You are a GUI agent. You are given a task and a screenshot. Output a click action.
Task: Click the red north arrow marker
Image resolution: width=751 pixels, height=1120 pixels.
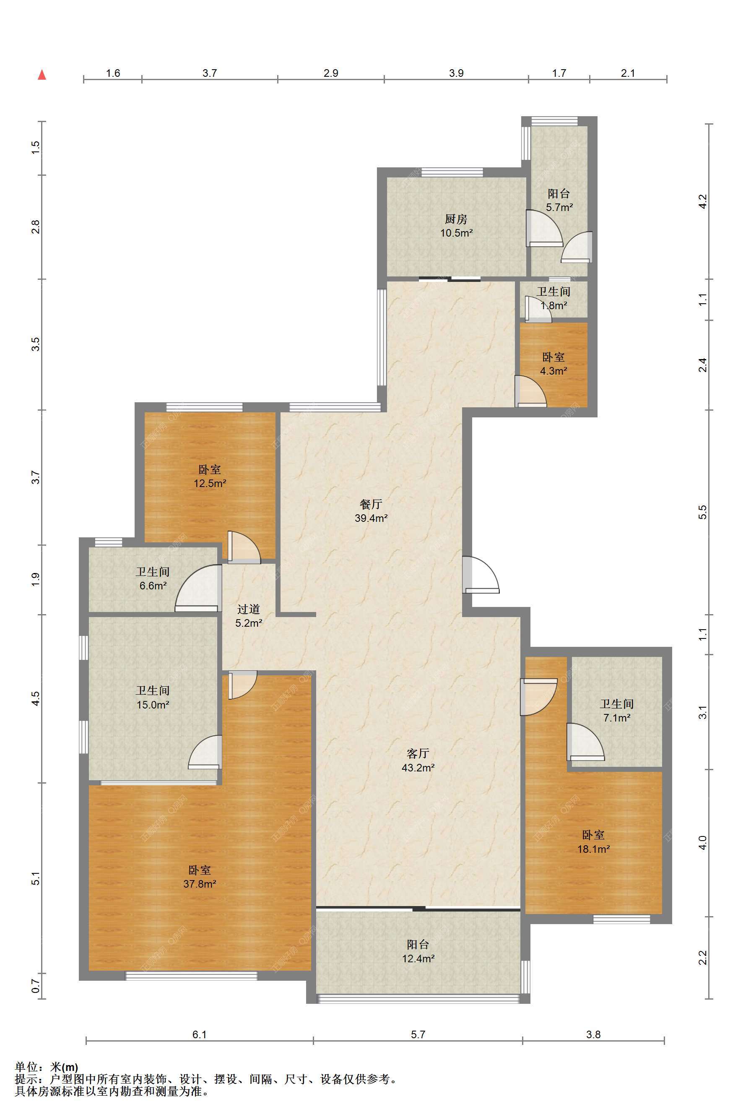(42, 74)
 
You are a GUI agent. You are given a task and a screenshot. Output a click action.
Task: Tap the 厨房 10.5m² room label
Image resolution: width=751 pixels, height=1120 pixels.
(457, 226)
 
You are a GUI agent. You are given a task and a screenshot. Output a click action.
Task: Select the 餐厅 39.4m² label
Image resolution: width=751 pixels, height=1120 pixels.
(371, 511)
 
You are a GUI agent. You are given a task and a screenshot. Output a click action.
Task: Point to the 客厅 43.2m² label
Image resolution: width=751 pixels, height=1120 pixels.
(418, 760)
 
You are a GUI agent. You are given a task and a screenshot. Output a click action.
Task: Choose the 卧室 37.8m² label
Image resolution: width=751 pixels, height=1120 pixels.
(200, 877)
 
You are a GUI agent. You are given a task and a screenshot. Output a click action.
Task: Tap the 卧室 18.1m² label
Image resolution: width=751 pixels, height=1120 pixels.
(593, 841)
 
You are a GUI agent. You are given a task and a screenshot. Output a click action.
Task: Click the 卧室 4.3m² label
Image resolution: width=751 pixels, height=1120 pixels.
(554, 364)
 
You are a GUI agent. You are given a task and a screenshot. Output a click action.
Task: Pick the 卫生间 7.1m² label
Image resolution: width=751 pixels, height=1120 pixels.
(616, 711)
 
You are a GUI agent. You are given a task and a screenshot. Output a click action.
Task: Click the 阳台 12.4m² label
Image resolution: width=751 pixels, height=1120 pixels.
(418, 951)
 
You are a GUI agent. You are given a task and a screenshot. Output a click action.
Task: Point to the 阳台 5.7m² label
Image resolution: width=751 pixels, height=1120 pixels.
(559, 200)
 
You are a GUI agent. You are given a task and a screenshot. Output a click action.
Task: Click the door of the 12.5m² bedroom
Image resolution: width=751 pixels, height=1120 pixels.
(244, 547)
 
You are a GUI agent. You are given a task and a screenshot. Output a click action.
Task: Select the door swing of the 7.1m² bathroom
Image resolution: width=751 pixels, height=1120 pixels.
(585, 742)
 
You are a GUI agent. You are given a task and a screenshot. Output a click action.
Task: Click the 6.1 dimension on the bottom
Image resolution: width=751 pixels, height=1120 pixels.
(200, 1034)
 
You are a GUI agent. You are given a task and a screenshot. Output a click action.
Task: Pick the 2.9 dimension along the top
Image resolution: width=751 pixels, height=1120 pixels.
(331, 73)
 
